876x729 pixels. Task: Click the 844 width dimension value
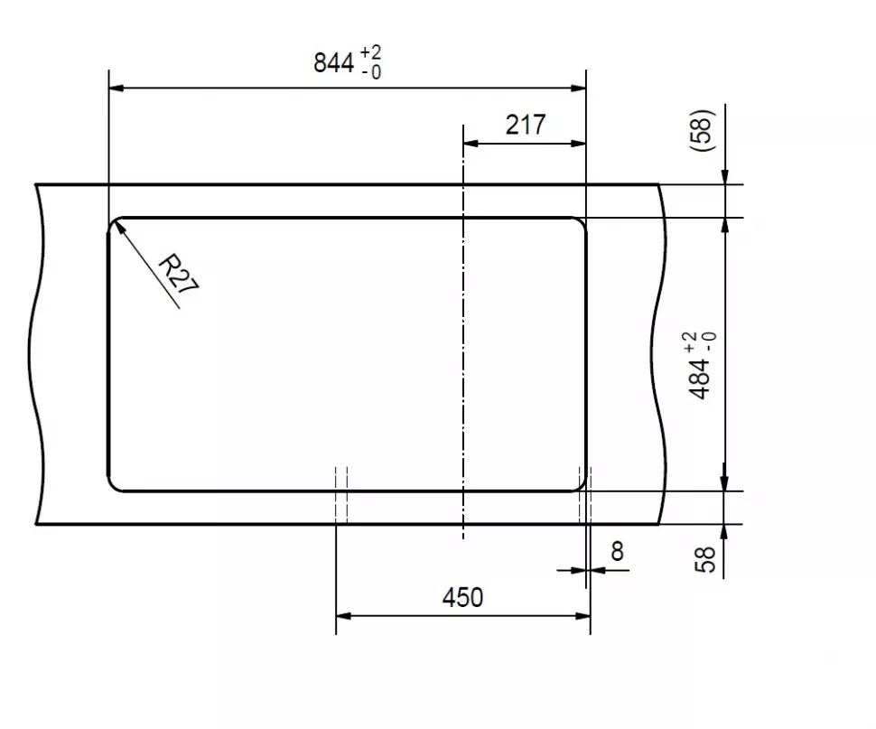(333, 62)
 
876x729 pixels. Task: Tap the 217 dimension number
(526, 125)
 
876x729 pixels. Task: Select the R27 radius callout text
(178, 274)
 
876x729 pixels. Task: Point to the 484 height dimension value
(700, 379)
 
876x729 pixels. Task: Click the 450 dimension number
(462, 598)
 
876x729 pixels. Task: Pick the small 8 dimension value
(617, 551)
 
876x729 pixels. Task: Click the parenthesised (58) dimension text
(703, 130)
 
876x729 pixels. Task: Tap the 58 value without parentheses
(704, 559)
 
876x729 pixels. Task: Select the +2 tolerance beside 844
(371, 52)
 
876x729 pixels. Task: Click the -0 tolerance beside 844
(371, 72)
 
